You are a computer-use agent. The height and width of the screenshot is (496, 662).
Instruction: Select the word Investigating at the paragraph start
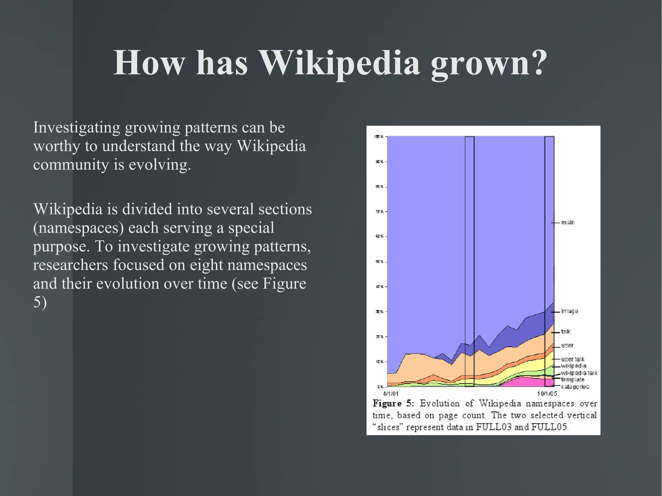(77, 128)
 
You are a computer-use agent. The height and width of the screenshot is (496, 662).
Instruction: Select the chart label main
(568, 223)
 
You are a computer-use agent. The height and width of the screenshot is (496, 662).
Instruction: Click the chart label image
(570, 311)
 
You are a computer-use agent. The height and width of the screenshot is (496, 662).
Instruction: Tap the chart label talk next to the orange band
(566, 332)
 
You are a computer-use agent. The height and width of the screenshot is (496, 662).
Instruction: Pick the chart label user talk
(572, 359)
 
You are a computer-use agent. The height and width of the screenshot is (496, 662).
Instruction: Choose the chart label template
(572, 380)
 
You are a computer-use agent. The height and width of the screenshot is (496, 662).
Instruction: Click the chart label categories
(575, 387)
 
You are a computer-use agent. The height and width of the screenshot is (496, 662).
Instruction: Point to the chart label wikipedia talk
(579, 373)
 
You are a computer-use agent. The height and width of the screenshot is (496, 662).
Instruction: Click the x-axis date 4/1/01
(391, 394)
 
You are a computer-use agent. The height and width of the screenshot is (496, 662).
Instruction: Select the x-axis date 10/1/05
(547, 394)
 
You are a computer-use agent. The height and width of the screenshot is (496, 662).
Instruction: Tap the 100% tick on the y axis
(379, 137)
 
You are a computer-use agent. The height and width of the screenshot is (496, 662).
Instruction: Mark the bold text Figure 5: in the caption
(393, 404)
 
